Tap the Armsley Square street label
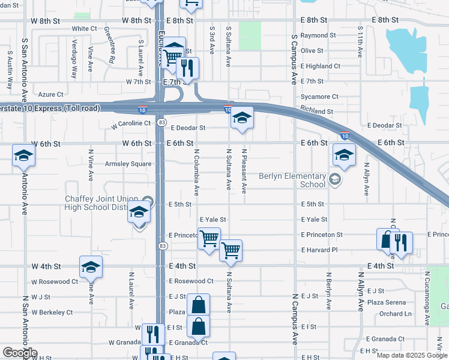coord(128,164)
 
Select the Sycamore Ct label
coord(320,97)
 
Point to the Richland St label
coord(317,112)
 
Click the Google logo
coord(20,353)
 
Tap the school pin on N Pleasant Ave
coord(241,118)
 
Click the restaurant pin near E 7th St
coord(189,69)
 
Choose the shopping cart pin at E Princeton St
coord(209,239)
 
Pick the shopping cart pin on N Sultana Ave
coord(231,251)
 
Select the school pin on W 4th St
coord(91,267)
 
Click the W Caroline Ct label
coord(131,124)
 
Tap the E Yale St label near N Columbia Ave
coord(212,220)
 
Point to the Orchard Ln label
coord(395,314)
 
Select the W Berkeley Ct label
coord(52,312)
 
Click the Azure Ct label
coord(50,94)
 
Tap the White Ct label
coord(84,28)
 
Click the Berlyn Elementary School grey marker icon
coord(335,179)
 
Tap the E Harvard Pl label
coord(320,250)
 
